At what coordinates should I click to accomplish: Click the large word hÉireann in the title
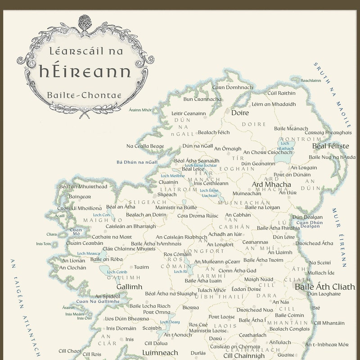[x=85, y=71]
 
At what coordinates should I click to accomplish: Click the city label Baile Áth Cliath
[x=324, y=287]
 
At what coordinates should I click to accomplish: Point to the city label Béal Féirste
[x=330, y=146]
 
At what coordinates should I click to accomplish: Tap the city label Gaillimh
[x=129, y=287]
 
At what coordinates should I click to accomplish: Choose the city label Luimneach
[x=160, y=353]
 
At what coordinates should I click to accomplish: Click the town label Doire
[x=240, y=113]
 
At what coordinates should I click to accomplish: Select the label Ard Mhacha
[x=271, y=184]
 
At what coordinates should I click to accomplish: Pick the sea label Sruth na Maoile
[x=333, y=94]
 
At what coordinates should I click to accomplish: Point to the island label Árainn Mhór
[x=140, y=110]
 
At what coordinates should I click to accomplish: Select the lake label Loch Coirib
[x=117, y=272]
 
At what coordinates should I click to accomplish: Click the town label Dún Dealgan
[x=307, y=217]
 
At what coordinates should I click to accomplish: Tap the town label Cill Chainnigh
[x=244, y=355]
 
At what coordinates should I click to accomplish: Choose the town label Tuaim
[x=141, y=267]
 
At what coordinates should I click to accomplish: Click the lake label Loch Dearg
[x=170, y=322]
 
